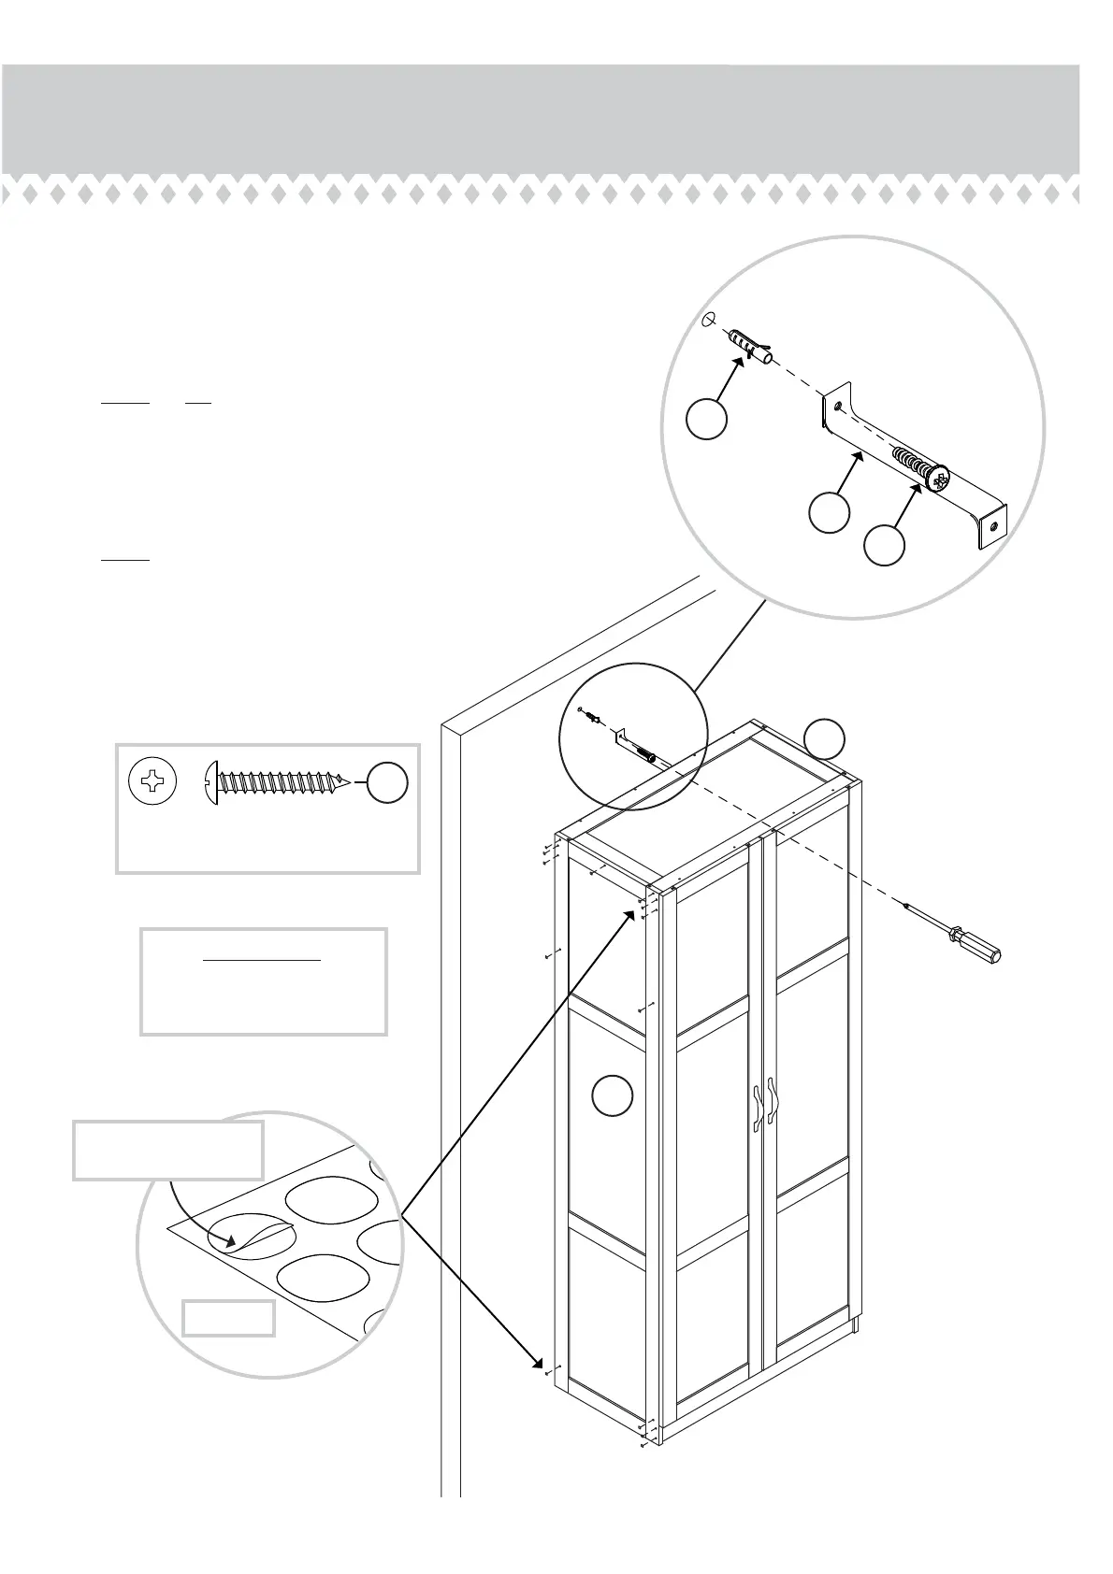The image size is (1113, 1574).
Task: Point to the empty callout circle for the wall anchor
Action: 706,418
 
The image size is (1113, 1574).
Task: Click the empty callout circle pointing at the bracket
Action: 829,513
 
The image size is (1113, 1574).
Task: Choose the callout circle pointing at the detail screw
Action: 884,545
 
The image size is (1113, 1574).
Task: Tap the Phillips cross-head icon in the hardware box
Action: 152,781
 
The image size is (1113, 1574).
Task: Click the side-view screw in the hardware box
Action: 277,781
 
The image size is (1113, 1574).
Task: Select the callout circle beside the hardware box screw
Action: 386,782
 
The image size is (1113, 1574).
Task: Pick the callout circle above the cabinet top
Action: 825,738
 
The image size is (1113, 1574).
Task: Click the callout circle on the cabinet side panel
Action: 613,1095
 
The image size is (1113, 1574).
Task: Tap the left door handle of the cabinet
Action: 757,1109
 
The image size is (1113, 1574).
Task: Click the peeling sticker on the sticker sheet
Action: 251,1236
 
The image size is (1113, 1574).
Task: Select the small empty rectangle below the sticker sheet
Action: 229,1318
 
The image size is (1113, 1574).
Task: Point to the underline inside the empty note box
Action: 263,960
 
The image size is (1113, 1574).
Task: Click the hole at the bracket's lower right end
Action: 993,526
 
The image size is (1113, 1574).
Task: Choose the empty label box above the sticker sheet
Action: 168,1150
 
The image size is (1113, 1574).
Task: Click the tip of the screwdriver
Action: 903,904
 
